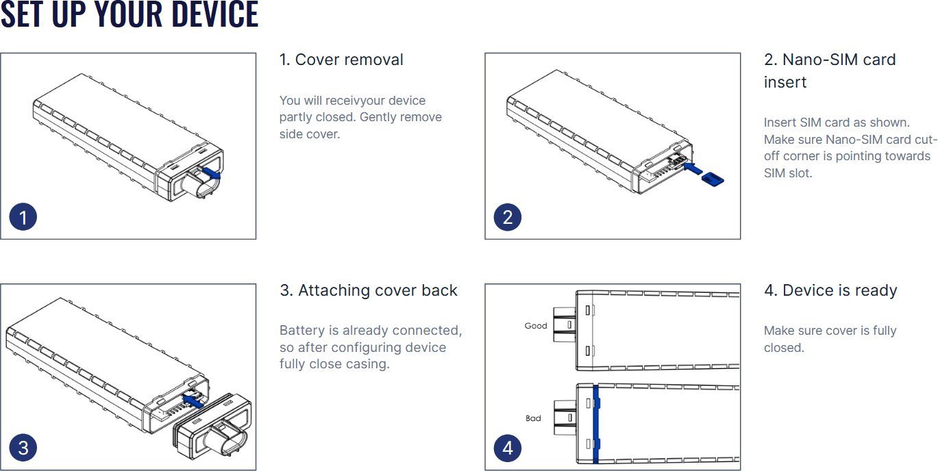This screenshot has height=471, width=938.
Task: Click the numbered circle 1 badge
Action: pos(23,218)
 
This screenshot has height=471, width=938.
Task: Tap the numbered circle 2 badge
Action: pos(508,218)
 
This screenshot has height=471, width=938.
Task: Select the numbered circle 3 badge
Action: pos(23,448)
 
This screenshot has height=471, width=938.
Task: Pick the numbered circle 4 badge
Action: pos(508,448)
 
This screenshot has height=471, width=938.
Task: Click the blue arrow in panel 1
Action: pos(212,175)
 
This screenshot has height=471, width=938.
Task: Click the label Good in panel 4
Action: pos(536,326)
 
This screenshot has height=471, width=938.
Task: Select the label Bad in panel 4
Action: pos(533,418)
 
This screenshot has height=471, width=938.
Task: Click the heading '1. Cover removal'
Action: pos(341,60)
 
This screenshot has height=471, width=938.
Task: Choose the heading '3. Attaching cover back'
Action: pos(368,290)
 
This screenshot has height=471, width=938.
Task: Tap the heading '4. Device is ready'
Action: pos(830,290)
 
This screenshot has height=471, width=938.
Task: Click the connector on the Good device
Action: pos(564,326)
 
